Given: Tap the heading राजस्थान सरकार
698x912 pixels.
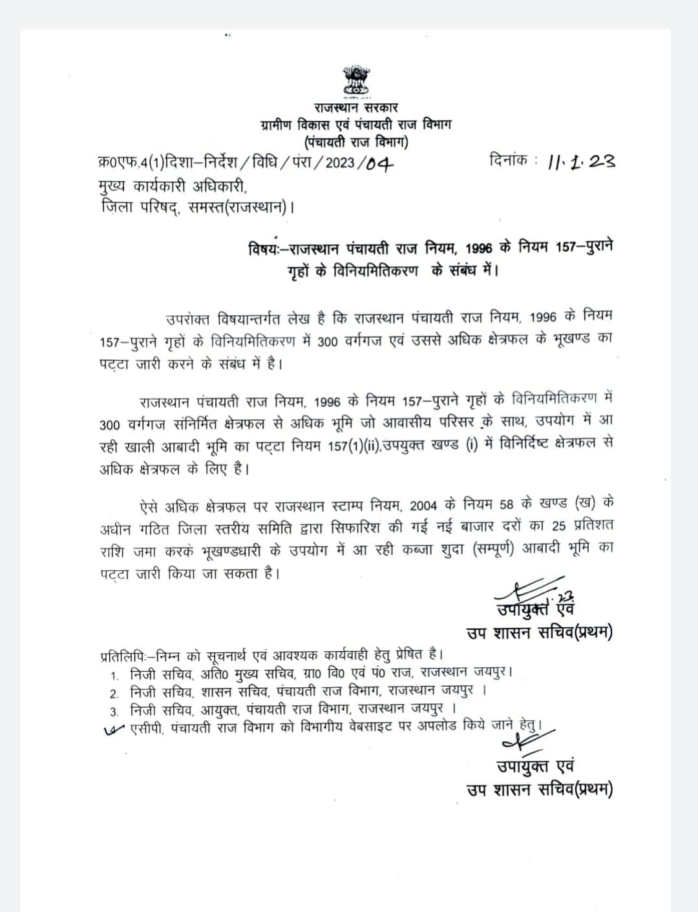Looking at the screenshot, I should [x=356, y=108].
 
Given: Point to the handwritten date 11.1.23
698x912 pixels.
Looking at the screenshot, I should [x=581, y=161].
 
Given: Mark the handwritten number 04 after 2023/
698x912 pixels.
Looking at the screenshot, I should [x=379, y=163].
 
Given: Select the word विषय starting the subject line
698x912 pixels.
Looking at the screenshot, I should [x=264, y=249].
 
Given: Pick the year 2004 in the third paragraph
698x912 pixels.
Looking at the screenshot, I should [x=428, y=504].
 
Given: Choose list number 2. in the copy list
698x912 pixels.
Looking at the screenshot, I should [x=114, y=694].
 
